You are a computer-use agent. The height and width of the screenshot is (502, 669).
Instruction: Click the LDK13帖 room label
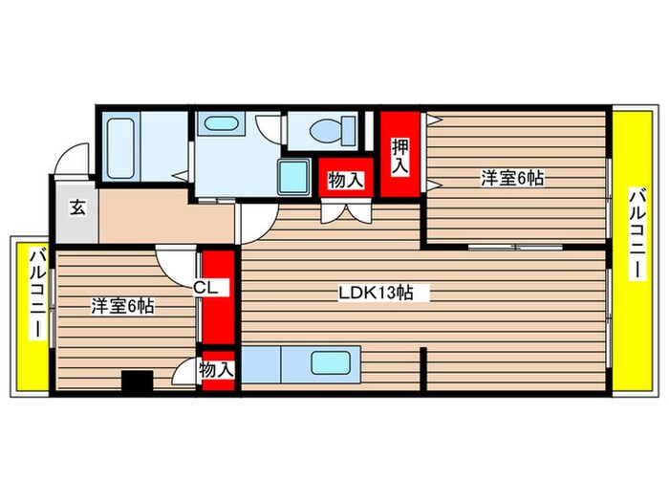click(x=376, y=294)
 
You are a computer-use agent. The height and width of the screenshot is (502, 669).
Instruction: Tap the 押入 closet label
click(x=399, y=155)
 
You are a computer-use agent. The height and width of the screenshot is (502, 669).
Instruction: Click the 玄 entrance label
click(x=76, y=207)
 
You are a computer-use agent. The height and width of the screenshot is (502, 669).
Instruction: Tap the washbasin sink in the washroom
click(x=222, y=124)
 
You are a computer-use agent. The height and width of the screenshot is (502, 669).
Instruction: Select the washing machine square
click(x=295, y=178)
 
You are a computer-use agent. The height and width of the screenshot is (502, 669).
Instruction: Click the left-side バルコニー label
click(x=36, y=294)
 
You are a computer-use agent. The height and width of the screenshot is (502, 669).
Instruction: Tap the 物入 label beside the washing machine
click(x=345, y=179)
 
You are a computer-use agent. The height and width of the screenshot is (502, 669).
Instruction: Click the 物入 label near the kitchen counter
click(x=217, y=370)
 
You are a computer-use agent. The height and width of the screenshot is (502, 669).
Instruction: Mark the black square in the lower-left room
click(x=137, y=381)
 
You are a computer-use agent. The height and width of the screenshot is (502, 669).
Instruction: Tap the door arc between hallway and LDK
click(x=254, y=227)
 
